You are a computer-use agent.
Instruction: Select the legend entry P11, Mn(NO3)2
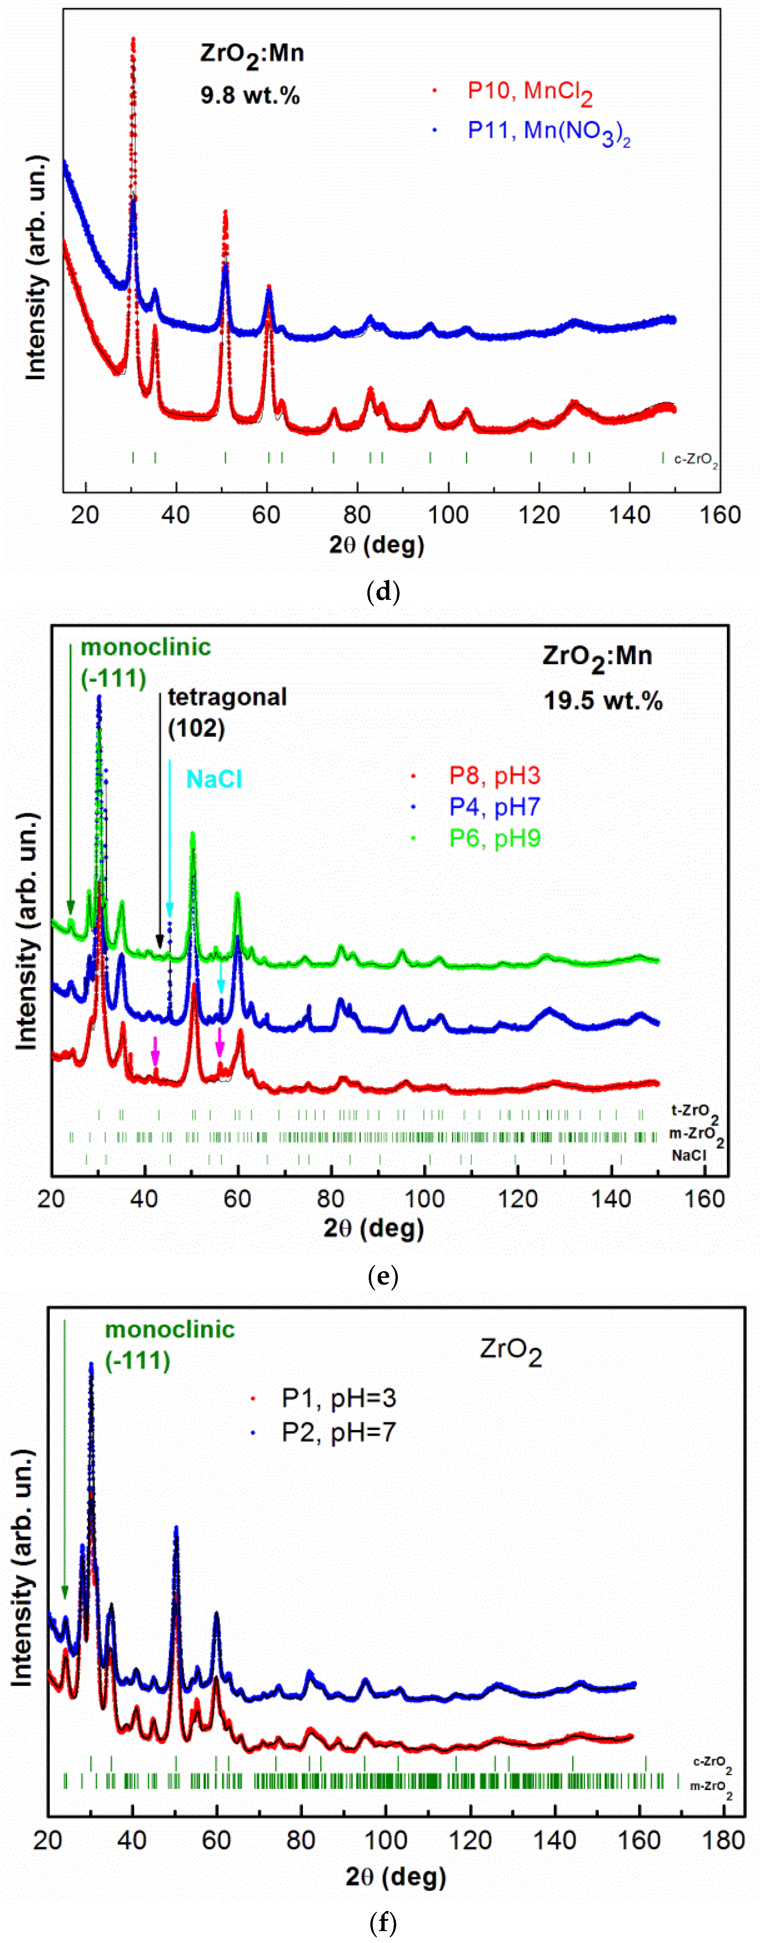tap(548, 131)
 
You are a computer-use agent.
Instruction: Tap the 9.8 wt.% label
tap(250, 96)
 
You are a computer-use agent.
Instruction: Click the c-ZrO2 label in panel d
tap(695, 460)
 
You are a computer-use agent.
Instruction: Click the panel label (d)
tap(382, 592)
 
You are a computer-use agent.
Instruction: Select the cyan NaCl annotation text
tap(214, 779)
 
